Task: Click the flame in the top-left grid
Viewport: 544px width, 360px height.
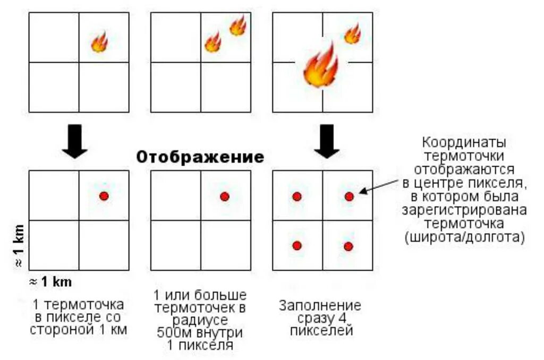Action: pos(99,42)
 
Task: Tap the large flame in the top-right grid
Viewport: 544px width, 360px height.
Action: pos(321,66)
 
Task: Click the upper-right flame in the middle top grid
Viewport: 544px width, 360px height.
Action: pos(237,25)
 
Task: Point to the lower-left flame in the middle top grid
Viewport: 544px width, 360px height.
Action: pos(213,42)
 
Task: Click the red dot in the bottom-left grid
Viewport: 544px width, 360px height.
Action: pos(104,196)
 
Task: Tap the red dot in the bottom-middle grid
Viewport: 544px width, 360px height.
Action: pos(224,196)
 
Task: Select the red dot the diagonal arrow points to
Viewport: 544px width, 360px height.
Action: pos(349,196)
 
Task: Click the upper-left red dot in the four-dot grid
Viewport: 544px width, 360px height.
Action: pos(297,196)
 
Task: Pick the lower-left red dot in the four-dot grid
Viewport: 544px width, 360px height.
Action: pos(297,245)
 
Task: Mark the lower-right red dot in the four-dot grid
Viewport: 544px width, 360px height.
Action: pos(348,246)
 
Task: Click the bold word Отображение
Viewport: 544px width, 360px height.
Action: pos(200,157)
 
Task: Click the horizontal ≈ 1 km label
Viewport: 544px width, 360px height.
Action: pos(50,281)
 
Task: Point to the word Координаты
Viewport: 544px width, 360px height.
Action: pos(464,143)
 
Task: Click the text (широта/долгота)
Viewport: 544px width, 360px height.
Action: pos(465,237)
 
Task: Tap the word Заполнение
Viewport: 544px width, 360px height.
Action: pos(320,306)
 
